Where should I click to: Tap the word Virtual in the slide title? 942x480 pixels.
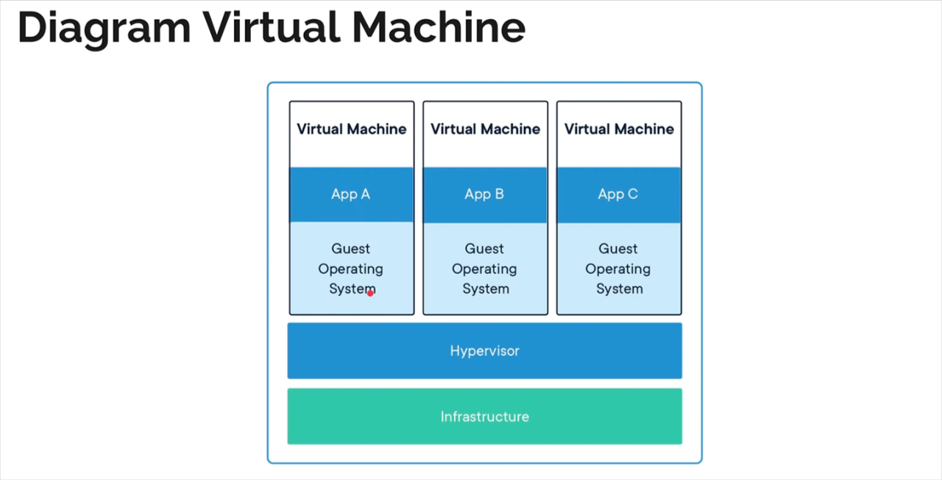point(272,28)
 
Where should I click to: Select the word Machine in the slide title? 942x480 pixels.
point(439,28)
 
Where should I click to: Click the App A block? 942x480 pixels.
point(351,194)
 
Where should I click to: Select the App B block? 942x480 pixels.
point(484,194)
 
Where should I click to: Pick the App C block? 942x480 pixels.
point(618,194)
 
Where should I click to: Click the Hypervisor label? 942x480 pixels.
point(484,351)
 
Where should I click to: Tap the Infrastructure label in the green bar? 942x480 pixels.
point(484,417)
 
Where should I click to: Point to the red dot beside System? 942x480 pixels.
point(370,293)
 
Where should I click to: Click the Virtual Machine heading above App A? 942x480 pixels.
point(351,129)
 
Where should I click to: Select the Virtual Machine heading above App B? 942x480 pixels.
point(485,129)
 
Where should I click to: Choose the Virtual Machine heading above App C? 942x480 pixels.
point(619,129)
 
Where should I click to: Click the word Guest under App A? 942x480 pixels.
point(350,249)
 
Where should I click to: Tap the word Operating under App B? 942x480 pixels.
point(484,269)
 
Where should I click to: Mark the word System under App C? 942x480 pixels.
point(619,289)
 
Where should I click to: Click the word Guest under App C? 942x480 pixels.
point(618,249)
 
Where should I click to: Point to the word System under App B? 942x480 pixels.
point(485,289)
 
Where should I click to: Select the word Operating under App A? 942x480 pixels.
point(350,269)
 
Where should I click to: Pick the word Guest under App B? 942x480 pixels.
point(484,249)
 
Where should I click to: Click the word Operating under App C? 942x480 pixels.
point(618,269)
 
